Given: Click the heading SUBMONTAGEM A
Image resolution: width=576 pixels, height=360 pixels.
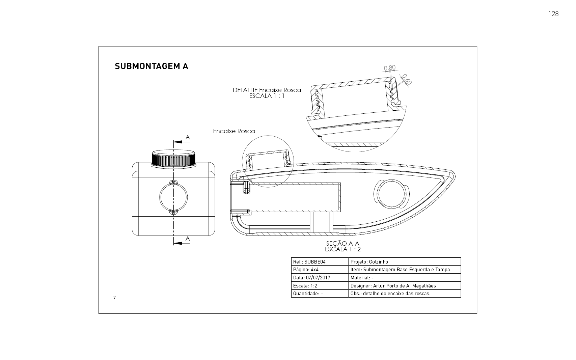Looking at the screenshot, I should (x=152, y=66).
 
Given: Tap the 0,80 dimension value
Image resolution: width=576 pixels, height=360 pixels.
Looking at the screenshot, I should (x=390, y=68).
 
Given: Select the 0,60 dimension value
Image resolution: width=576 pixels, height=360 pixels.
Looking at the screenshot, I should (x=407, y=79).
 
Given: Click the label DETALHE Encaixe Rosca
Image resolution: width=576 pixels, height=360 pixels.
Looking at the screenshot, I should (x=267, y=90).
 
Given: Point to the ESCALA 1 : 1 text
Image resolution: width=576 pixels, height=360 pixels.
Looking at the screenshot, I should (x=267, y=96).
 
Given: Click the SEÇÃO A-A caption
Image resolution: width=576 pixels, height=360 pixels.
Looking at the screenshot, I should (x=342, y=244).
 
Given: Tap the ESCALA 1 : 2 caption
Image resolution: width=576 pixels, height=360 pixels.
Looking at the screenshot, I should (x=342, y=249).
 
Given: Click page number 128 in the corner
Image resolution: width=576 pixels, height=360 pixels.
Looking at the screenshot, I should (x=553, y=14).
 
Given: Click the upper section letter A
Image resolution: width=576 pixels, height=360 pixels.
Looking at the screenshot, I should (x=188, y=137).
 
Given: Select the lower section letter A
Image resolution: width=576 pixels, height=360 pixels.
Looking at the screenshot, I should (x=188, y=239).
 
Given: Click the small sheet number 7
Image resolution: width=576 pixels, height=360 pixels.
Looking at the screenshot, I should (x=114, y=298).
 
